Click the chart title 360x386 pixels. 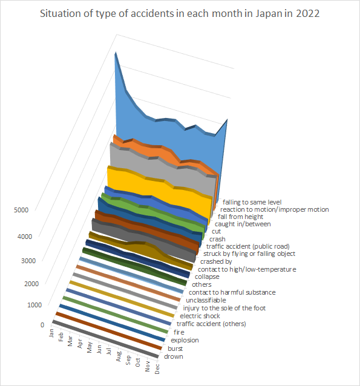(x=180, y=14)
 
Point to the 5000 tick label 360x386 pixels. (x=21, y=210)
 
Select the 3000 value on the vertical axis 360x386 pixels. (x=28, y=261)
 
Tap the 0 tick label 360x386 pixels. (x=42, y=325)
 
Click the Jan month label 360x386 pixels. (x=51, y=333)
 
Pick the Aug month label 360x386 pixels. (x=119, y=356)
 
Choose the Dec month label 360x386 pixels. (x=157, y=369)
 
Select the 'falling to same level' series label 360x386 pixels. (x=252, y=202)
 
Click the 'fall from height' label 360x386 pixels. (x=241, y=217)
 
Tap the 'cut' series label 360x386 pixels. (x=216, y=231)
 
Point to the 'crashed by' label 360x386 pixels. (x=216, y=261)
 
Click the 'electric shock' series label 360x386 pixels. (x=200, y=316)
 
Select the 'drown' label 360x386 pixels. (x=174, y=356)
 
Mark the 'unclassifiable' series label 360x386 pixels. (x=206, y=300)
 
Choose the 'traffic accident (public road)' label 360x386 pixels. (x=248, y=246)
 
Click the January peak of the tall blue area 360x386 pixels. (x=115, y=53)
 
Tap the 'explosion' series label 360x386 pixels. (x=185, y=340)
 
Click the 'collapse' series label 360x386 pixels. (x=207, y=276)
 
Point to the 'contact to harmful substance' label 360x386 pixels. (x=232, y=292)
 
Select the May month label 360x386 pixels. (x=90, y=347)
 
